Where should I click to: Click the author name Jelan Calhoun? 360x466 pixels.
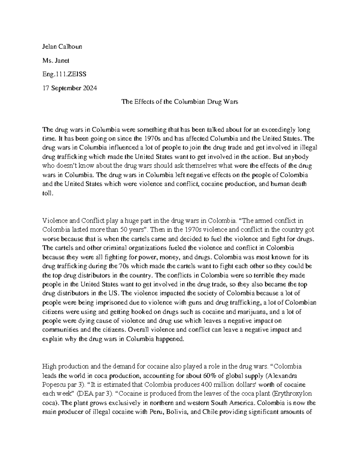(62, 47)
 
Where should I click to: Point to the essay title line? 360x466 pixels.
(179, 102)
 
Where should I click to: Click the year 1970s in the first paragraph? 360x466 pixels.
(150, 139)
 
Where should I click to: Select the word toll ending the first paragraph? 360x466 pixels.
(47, 193)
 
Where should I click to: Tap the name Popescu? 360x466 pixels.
(54, 385)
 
